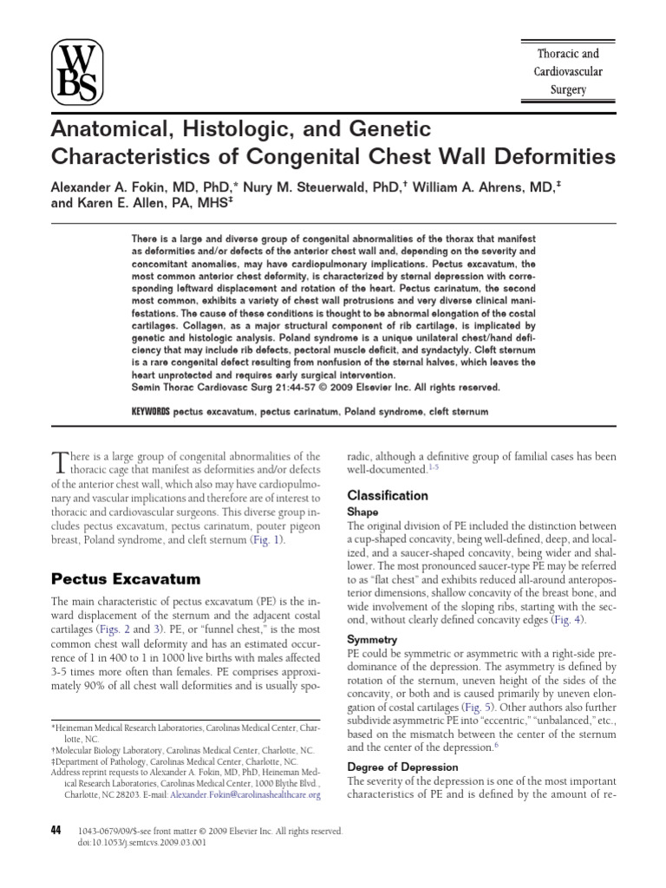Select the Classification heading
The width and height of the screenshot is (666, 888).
pyautogui.click(x=388, y=495)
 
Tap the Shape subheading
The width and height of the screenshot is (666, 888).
pyautogui.click(x=362, y=512)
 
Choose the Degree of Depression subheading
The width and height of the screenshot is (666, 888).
pyautogui.click(x=403, y=767)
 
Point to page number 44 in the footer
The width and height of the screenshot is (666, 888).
pyautogui.click(x=56, y=830)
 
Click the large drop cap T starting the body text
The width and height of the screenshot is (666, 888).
pyautogui.click(x=60, y=460)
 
